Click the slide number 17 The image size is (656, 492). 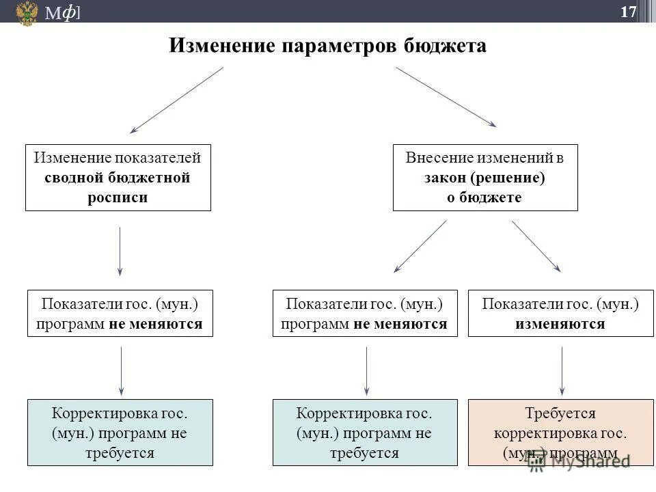[x=628, y=12]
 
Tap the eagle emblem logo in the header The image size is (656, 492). [x=27, y=13]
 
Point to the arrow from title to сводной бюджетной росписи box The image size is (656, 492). [x=177, y=100]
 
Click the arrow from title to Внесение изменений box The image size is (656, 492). [x=446, y=96]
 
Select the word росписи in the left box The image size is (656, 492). [x=118, y=197]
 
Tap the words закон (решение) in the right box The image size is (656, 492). [x=484, y=178]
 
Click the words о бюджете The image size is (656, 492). [x=484, y=197]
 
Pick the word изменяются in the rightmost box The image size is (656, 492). [x=560, y=323]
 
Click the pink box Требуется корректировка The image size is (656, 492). [x=560, y=433]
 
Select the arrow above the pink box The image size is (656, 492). [x=562, y=371]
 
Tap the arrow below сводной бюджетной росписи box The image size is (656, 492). [x=120, y=251]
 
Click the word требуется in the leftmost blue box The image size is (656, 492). [x=120, y=452]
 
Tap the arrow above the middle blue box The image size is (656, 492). [x=366, y=371]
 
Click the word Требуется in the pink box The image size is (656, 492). [x=560, y=413]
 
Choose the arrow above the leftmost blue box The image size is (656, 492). [x=121, y=371]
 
